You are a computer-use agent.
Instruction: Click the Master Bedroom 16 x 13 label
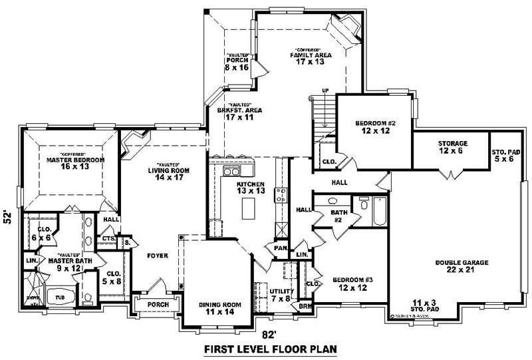coord(75,164)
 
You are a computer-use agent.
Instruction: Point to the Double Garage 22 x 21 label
coord(462,267)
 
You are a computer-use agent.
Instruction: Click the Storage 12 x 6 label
coord(452,147)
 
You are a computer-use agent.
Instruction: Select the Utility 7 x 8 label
coord(281,295)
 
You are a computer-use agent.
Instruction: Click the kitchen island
coord(249,210)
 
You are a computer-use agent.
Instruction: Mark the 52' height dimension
coord(9,218)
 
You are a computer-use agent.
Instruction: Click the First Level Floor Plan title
coord(270,349)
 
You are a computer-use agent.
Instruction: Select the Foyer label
coord(158,255)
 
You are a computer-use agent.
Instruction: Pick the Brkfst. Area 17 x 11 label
coord(243,113)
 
